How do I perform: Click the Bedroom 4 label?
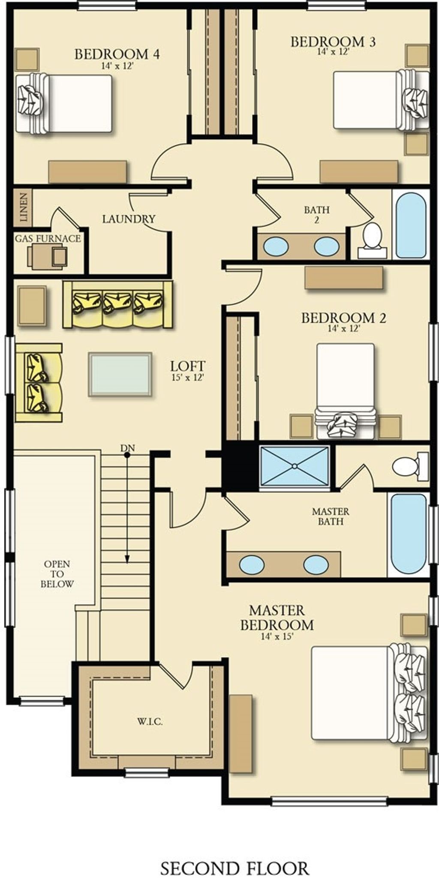117,54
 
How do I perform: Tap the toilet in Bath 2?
372,240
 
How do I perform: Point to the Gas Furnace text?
48,238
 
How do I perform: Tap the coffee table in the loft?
120,374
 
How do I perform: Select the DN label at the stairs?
127,448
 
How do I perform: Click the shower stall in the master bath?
294,466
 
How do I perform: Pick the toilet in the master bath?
406,466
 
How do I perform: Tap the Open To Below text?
57,574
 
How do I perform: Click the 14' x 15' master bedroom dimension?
277,636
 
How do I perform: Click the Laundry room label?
129,219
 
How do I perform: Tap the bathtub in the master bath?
410,534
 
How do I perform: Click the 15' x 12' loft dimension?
187,377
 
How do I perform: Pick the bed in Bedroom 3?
377,100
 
